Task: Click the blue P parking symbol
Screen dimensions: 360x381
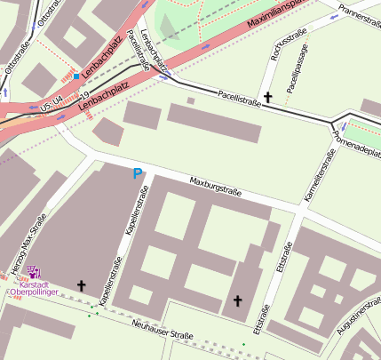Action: pos(137,174)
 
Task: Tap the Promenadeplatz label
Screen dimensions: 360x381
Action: pos(355,136)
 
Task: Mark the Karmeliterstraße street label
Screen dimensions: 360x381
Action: pos(318,175)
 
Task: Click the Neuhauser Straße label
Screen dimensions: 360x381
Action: pos(163,333)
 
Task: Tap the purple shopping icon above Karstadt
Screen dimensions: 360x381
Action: pos(35,271)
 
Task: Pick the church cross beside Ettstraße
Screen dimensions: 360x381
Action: pos(237,301)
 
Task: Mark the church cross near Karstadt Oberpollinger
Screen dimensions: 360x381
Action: pos(82,285)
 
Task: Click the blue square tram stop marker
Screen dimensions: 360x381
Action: pos(76,77)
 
